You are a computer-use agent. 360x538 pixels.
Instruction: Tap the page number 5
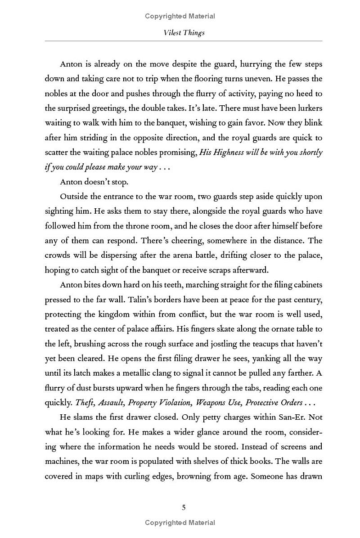pos(184,507)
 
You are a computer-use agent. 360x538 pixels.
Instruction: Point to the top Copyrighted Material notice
pos(180,16)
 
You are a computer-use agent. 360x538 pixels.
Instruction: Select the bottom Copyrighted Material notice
pos(180,523)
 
